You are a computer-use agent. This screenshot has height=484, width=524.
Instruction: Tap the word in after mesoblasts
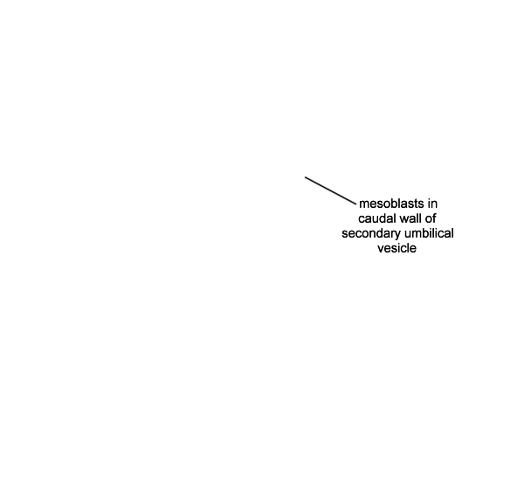(x=432, y=204)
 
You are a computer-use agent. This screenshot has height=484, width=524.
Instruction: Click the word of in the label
(x=431, y=218)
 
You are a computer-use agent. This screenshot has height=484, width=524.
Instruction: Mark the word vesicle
(x=397, y=248)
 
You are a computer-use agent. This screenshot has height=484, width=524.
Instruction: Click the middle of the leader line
(x=330, y=190)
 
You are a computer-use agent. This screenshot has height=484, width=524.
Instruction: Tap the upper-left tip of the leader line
(x=305, y=176)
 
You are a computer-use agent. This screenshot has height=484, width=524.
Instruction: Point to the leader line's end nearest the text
(x=356, y=204)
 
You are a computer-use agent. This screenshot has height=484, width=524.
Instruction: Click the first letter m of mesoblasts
(x=363, y=204)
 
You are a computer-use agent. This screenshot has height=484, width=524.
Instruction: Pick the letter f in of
(x=434, y=218)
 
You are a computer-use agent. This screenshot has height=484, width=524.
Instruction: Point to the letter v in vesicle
(x=381, y=249)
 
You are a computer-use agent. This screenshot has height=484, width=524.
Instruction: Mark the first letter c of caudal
(x=362, y=219)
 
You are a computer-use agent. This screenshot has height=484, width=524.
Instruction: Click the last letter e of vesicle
(x=413, y=249)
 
